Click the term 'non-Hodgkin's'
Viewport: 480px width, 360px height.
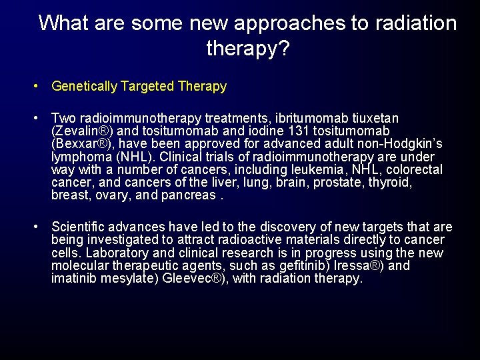403,144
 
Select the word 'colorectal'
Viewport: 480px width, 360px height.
414,170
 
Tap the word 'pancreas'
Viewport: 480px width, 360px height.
194,195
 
